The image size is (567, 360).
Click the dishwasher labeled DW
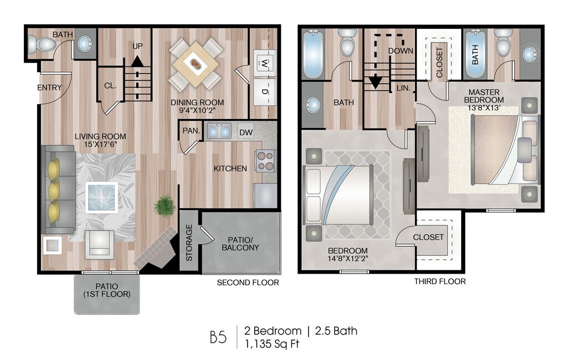click(246, 132)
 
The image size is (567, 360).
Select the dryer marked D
click(264, 92)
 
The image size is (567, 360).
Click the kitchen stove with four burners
click(265, 161)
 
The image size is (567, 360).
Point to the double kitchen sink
click(219, 131)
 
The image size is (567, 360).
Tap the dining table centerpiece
click(195, 64)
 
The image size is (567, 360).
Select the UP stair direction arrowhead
click(137, 61)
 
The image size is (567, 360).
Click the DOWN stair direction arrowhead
click(376, 83)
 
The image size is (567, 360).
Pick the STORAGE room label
click(189, 243)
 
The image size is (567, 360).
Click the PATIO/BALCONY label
click(240, 244)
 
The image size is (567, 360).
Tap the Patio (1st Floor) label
click(107, 291)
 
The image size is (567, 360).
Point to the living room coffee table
click(102, 197)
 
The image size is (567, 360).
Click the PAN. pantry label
click(191, 131)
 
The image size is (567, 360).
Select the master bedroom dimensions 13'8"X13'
click(484, 107)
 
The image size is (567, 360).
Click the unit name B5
click(218, 337)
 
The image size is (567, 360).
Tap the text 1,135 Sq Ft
click(272, 344)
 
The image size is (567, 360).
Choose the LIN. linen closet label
click(403, 88)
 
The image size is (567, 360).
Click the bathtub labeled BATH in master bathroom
click(475, 54)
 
